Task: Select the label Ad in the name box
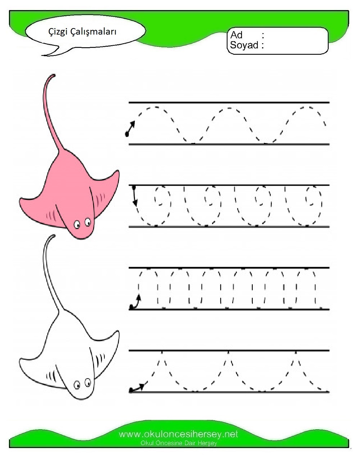[237, 35]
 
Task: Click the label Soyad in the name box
[244, 45]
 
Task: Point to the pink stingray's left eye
[77, 224]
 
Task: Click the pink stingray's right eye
[88, 222]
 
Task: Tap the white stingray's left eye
[77, 385]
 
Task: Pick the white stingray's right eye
[88, 382]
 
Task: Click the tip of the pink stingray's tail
[54, 75]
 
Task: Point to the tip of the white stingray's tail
[54, 236]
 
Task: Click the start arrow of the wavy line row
[130, 129]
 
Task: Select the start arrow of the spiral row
[134, 196]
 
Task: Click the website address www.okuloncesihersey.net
[179, 434]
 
